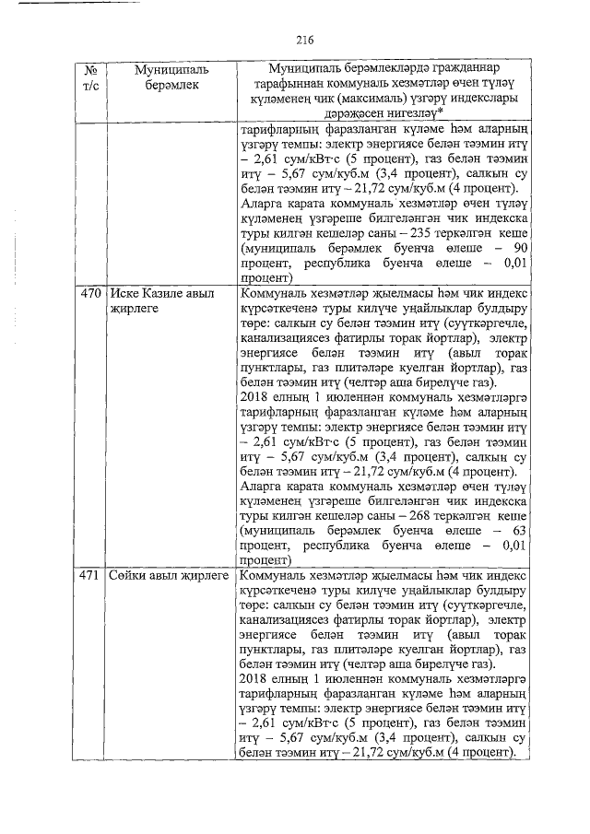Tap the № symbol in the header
pyautogui.click(x=90, y=70)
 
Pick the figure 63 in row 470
pyautogui.click(x=518, y=530)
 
